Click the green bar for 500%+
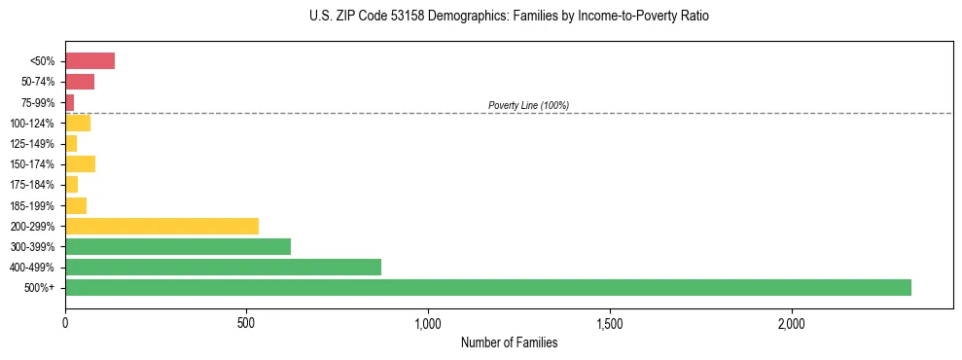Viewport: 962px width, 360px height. (x=487, y=287)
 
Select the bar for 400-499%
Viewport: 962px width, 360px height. (x=223, y=267)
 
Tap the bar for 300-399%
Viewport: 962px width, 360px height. (x=178, y=246)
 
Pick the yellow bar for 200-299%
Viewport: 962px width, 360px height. (x=161, y=226)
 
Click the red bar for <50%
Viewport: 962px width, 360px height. (x=89, y=61)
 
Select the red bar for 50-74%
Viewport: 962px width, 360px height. (x=80, y=82)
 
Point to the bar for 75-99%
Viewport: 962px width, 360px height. (x=70, y=102)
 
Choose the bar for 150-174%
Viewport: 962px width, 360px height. (x=80, y=163)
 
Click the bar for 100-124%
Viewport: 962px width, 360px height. (x=78, y=123)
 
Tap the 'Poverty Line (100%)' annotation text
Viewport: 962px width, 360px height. (x=528, y=105)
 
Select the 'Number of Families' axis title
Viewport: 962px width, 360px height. (x=509, y=342)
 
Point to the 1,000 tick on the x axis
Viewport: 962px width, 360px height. (x=428, y=322)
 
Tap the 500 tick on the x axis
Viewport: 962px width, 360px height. (x=247, y=322)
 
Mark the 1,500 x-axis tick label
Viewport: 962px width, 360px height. (x=610, y=322)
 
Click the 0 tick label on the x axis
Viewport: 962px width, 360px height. (x=65, y=322)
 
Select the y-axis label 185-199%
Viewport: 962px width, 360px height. (x=32, y=205)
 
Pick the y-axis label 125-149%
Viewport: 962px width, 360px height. (x=32, y=144)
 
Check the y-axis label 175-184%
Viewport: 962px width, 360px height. (x=32, y=185)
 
